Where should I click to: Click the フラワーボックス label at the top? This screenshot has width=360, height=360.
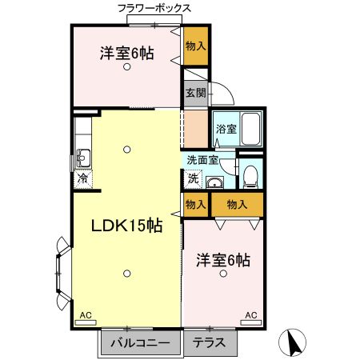coord(154,8)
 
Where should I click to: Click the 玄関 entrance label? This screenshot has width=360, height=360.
coord(196,93)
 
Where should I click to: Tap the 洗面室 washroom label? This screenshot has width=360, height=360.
coord(203,160)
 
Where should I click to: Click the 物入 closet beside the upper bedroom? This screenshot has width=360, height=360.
coord(195,46)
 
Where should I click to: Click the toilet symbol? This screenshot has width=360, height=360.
coord(250,174)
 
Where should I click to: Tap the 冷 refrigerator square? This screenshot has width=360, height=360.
coord(82,179)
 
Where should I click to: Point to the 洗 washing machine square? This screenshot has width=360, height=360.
coord(193,178)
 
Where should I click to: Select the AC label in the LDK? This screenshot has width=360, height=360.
coord(85,316)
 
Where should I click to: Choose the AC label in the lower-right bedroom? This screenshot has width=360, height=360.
coord(250,316)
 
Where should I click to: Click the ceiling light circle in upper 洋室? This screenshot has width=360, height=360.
coord(126,68)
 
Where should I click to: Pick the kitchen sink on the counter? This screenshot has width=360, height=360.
coord(83,155)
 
